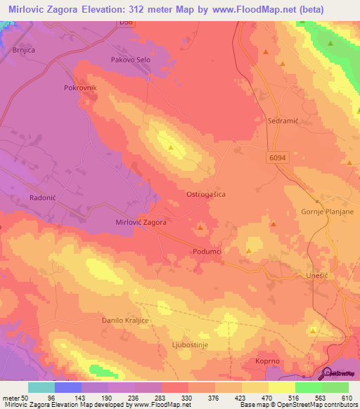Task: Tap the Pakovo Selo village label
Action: coord(131,60)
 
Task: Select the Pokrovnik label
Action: coord(79,88)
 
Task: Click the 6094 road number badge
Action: coord(276,159)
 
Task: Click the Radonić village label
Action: coord(42,198)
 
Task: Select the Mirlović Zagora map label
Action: coord(141,222)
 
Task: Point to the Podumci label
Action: coord(207,251)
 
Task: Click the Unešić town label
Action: coord(318,276)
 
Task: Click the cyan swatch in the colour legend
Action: coord(41,387)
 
